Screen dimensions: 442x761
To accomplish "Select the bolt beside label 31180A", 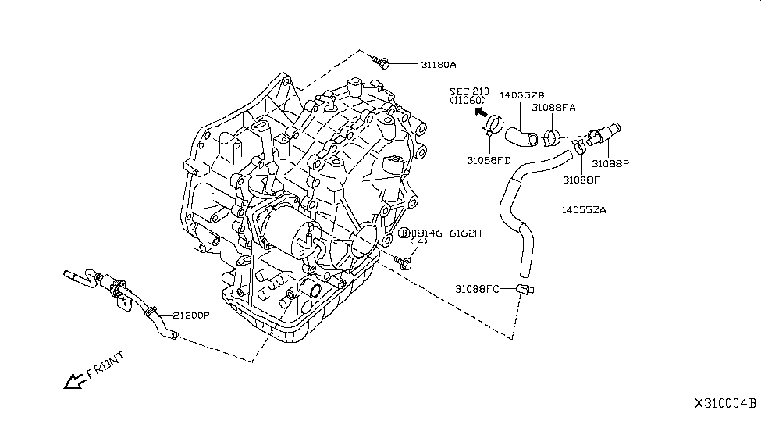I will click(381, 59).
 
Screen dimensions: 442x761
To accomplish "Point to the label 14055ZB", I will click(521, 95).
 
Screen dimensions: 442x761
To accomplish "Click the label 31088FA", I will click(553, 108).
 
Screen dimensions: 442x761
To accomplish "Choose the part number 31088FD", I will click(489, 160).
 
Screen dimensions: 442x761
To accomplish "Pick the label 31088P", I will click(610, 164).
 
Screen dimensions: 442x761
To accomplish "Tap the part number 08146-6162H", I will click(446, 233).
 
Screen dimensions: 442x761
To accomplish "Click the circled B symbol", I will click(404, 233).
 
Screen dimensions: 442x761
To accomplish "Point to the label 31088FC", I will click(478, 289).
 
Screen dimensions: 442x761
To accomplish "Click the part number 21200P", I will click(190, 316).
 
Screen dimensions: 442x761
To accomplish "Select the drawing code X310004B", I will click(725, 404).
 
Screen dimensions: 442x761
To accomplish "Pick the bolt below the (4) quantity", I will click(404, 262).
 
